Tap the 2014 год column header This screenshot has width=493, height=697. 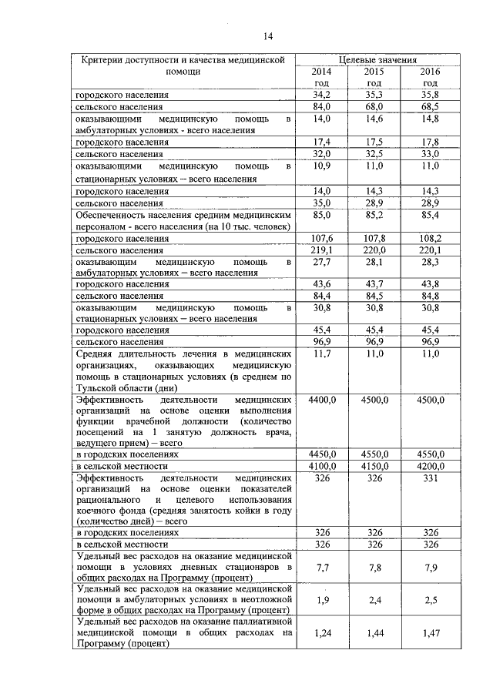point(320,76)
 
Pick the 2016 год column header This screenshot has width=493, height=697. point(430,76)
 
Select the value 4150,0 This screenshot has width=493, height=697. point(374,466)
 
